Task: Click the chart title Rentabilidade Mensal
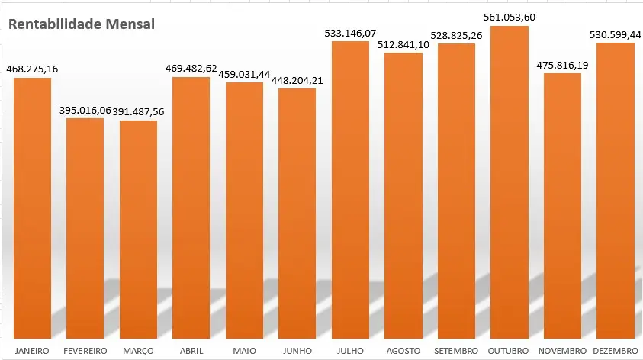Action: coord(82,24)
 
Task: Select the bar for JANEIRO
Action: coord(32,206)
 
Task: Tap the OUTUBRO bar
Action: coord(510,183)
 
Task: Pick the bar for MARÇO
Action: coord(138,229)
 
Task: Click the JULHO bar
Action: coord(350,191)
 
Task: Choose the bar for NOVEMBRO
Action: coord(562,206)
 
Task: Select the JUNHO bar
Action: coord(297,214)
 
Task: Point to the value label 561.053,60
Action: coord(510,17)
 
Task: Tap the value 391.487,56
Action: coord(139,111)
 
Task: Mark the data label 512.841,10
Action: coord(403,44)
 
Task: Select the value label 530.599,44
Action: coord(615,34)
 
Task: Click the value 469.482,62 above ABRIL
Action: coord(191,69)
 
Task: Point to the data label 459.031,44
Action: coord(244,74)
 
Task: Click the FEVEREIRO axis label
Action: coord(85,350)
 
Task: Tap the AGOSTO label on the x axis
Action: coord(403,350)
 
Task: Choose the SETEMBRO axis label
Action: coord(456,350)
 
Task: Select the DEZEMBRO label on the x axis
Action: coord(616,350)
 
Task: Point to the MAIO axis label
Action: coord(244,350)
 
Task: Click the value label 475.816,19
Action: coord(562,65)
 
